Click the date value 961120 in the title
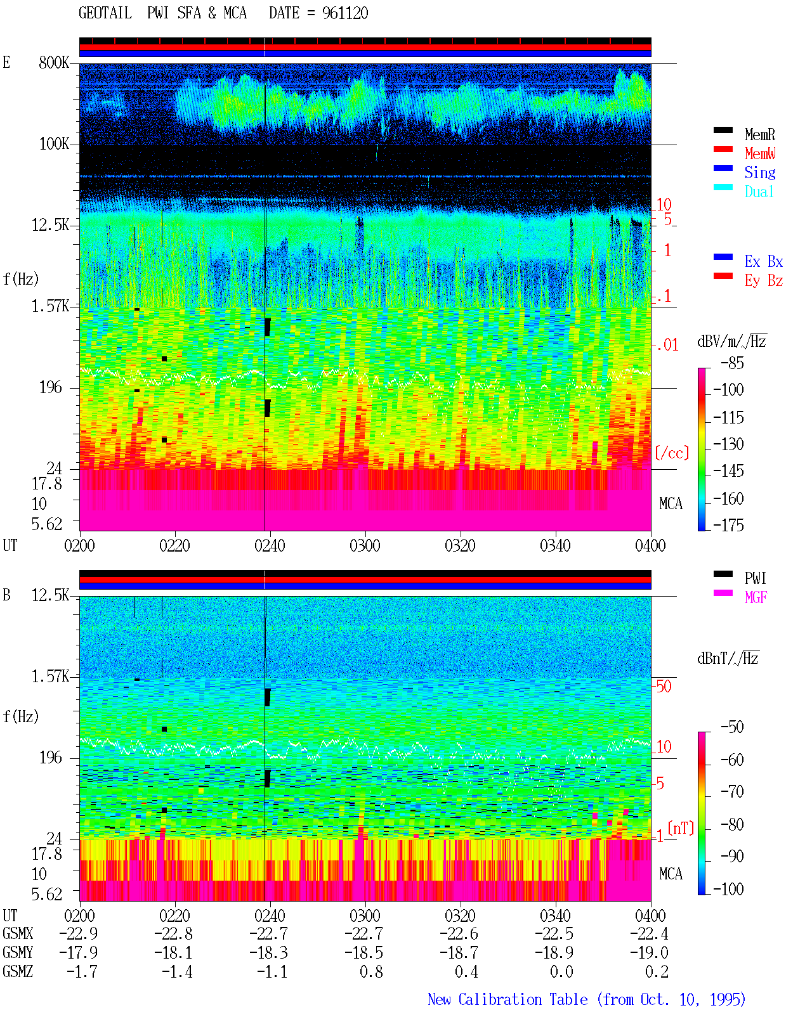345,13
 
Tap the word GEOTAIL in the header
105,13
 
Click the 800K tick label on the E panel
54,62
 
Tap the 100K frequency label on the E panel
54,144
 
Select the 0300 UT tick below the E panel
365,546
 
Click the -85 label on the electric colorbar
732,363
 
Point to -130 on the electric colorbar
728,444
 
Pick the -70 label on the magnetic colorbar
732,792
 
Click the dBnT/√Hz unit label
728,659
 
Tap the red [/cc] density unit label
672,453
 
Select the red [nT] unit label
681,828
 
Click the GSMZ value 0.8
372,971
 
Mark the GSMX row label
18,933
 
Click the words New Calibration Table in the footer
507,1000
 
